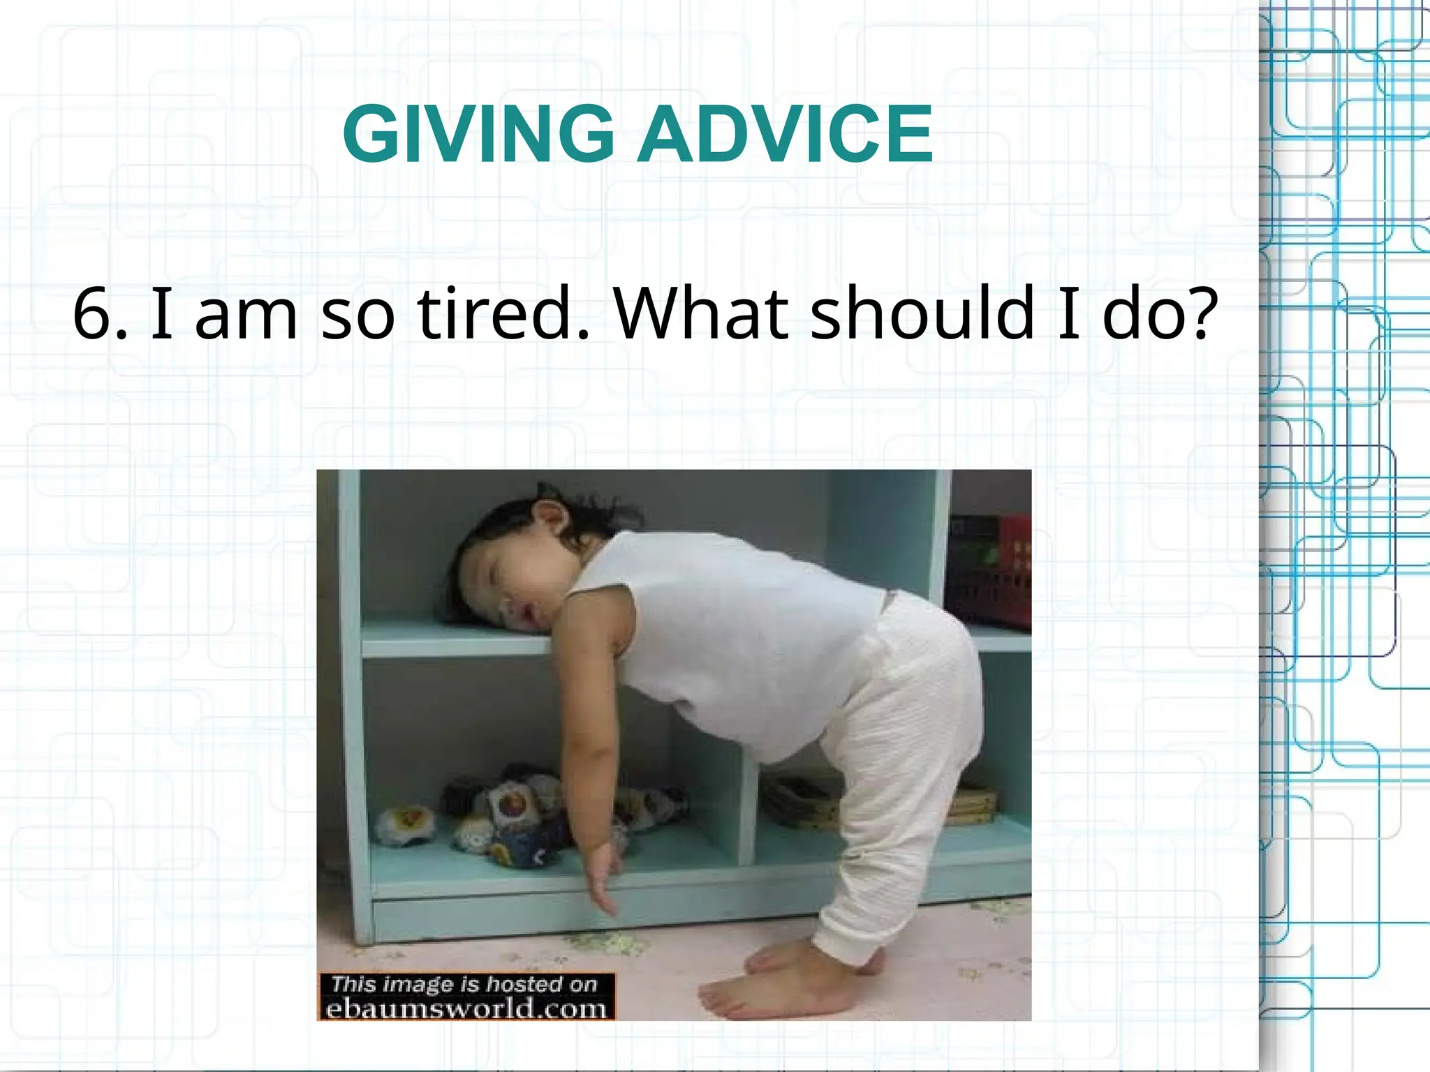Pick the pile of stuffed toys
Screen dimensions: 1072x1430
pos(531,817)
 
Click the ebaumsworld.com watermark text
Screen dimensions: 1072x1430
pos(466,1009)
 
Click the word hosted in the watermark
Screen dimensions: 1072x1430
pos(524,984)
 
